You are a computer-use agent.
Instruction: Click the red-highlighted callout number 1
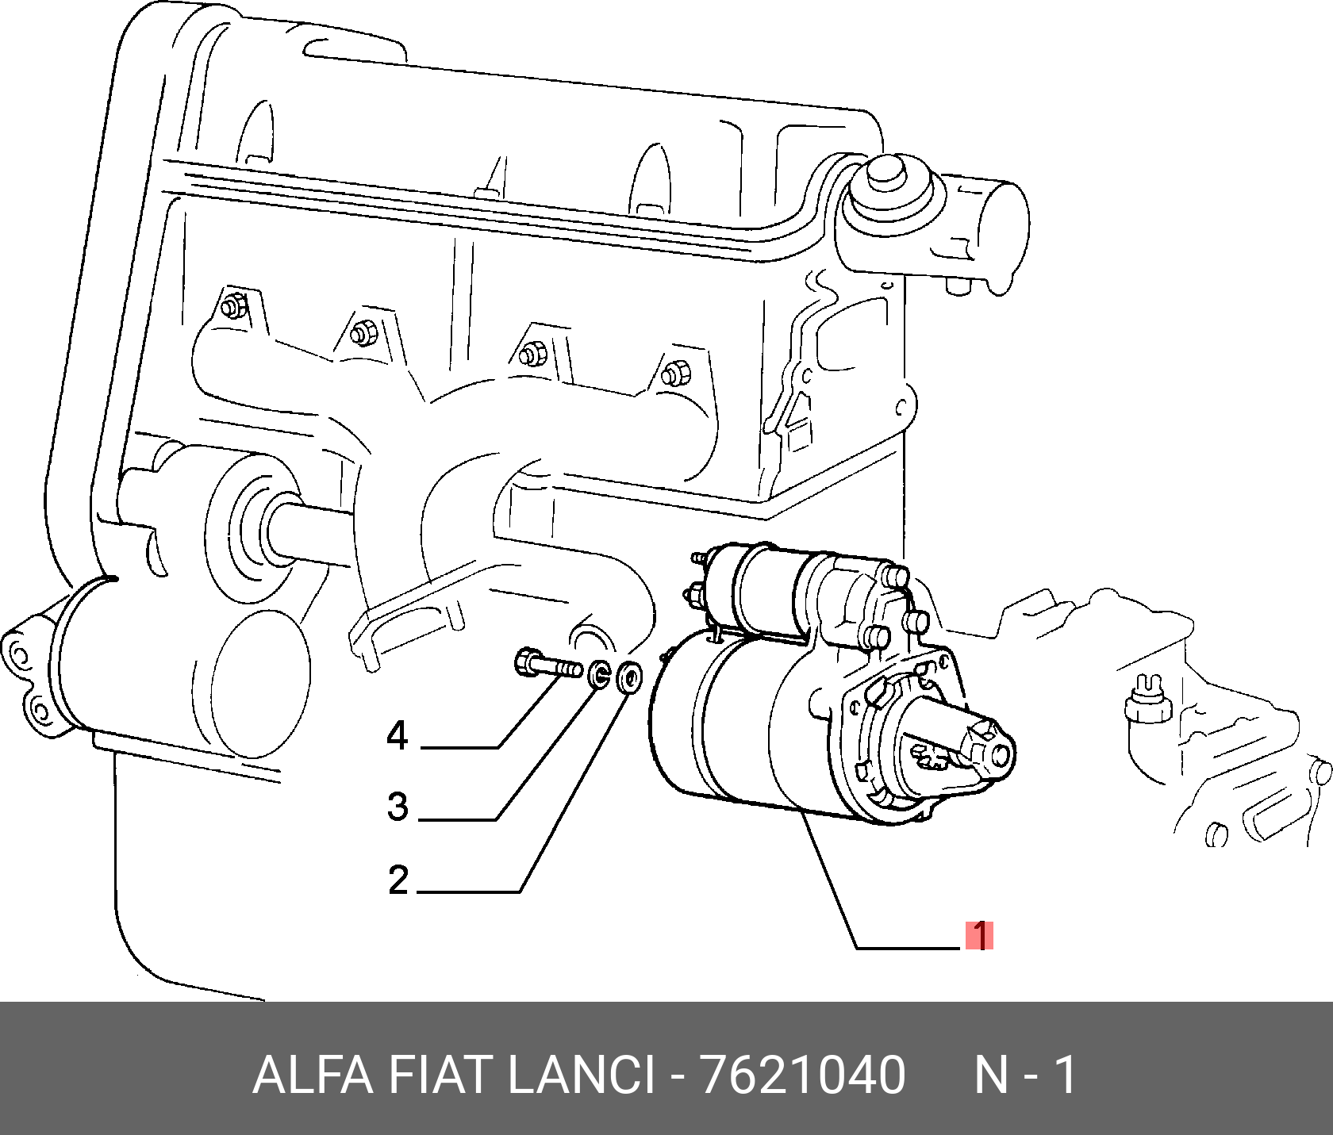tap(980, 936)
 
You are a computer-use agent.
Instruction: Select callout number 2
tap(398, 880)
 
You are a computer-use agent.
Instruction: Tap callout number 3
tap(398, 807)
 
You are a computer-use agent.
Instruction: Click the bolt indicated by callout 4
tap(546, 665)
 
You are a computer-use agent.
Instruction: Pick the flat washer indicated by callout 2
tap(628, 677)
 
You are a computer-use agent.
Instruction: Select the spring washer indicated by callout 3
tap(600, 674)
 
